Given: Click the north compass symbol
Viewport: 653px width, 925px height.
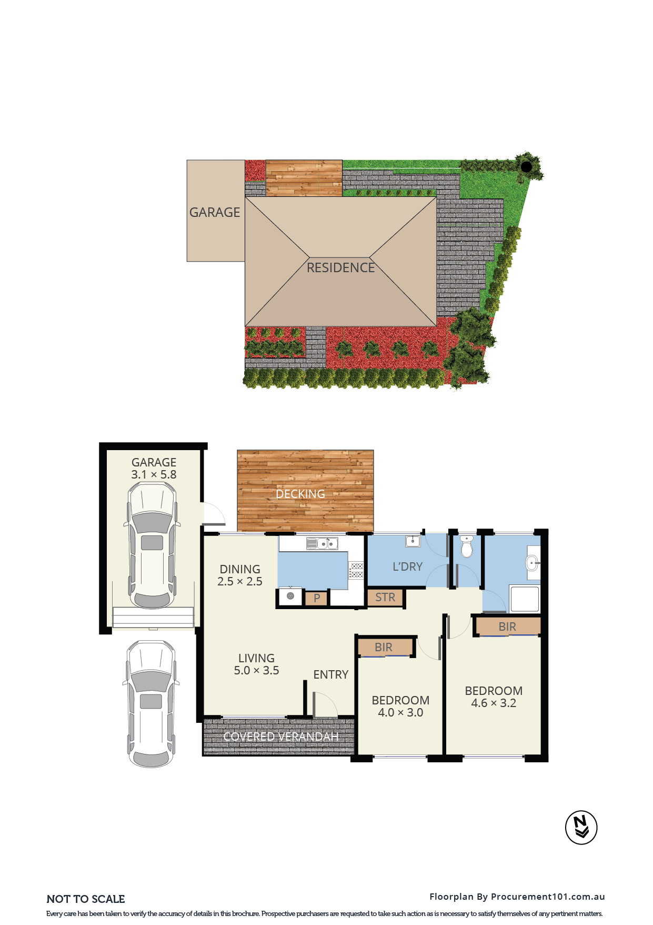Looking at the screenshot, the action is click(581, 827).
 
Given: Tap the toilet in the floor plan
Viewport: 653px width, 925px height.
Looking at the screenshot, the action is click(467, 546).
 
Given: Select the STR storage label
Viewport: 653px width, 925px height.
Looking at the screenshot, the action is click(385, 597).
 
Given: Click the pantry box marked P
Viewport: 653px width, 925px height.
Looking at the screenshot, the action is click(317, 598).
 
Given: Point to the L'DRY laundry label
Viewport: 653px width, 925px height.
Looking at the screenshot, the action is click(408, 566).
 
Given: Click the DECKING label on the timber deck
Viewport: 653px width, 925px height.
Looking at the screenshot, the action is click(300, 494).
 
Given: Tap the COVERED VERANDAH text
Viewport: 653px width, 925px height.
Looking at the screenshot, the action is click(281, 737).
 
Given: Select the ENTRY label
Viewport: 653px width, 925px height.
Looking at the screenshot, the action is click(331, 674).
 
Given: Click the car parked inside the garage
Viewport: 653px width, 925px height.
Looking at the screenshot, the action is click(152, 545).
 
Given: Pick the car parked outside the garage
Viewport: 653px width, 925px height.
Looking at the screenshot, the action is click(151, 703).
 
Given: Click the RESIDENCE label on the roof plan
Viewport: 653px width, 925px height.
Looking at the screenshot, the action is click(341, 267).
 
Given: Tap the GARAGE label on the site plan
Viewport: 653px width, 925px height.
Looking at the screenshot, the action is click(215, 212).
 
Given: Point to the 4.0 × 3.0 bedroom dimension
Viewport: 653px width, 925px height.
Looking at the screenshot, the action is click(400, 712).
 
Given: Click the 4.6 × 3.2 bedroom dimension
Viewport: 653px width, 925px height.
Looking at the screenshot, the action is click(494, 703).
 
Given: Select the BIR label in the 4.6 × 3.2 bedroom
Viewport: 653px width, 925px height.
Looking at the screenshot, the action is click(507, 626).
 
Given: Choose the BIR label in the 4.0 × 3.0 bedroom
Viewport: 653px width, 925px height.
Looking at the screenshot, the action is click(384, 647).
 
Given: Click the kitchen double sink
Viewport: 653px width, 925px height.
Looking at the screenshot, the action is click(322, 543).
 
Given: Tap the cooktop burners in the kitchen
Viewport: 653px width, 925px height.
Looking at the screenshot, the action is click(357, 570).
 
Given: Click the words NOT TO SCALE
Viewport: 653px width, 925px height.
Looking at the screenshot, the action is click(86, 899).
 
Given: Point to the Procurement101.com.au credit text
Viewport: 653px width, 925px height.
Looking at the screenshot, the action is click(548, 897).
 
